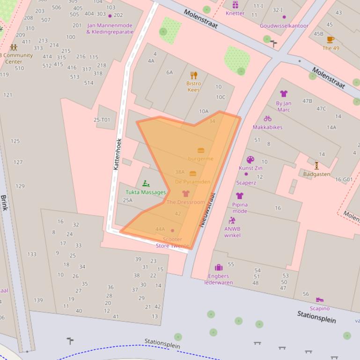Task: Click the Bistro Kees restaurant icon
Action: tap(194, 75)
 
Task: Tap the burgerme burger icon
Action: tap(201, 151)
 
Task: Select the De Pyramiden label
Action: tap(192, 181)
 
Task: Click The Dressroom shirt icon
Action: tap(186, 194)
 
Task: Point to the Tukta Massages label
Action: tap(146, 192)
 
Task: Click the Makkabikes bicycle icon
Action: tap(268, 119)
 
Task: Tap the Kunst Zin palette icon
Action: tap(250, 160)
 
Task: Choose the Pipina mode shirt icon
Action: tap(240, 196)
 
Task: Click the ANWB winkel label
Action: tap(232, 232)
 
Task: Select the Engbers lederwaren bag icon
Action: tap(219, 267)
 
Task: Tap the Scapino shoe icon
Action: tap(320, 300)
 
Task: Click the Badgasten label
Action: tap(316, 174)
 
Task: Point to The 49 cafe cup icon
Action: tap(331, 40)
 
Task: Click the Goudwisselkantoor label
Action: tap(284, 26)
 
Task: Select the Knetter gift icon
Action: tap(235, 5)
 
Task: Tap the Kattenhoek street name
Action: tap(118, 154)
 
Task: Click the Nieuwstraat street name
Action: tap(208, 210)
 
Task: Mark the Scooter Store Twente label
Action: tap(172, 242)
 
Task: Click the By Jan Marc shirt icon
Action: tap(284, 94)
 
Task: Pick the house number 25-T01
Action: tap(102, 120)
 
